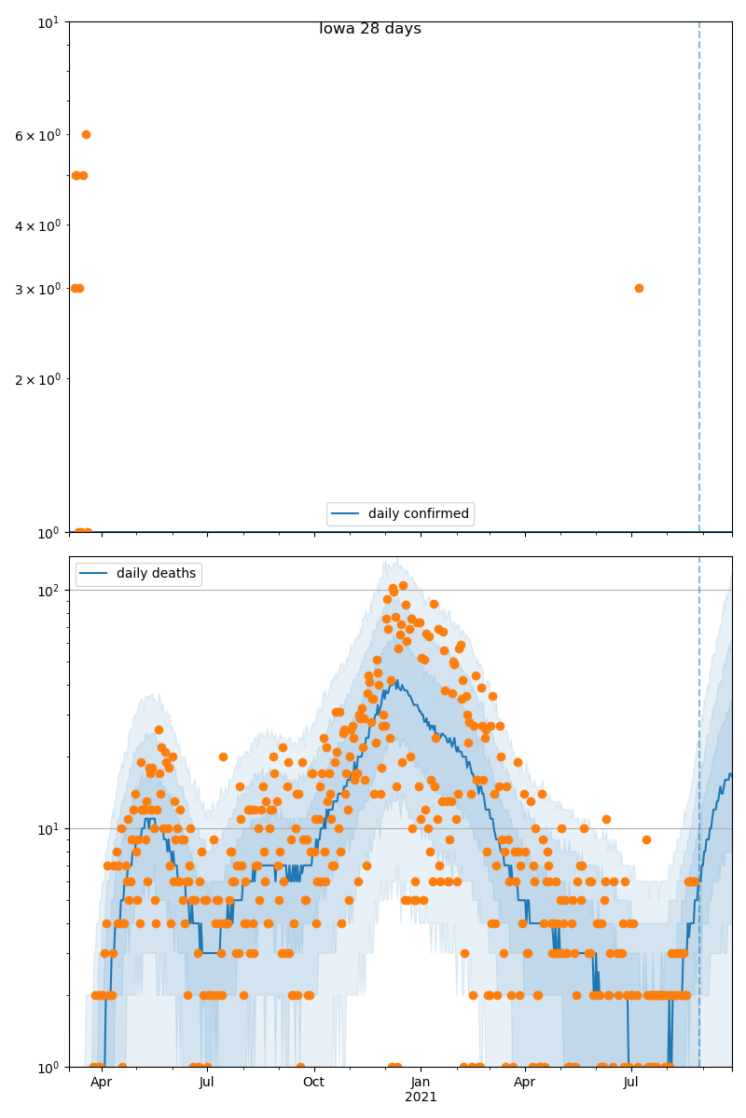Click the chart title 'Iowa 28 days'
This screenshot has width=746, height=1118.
(370, 29)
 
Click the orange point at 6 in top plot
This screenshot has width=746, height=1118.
(86, 134)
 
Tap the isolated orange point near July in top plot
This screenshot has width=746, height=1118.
(639, 288)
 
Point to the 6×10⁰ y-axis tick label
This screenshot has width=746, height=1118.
(37, 136)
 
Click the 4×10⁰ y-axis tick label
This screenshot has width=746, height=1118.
(37, 226)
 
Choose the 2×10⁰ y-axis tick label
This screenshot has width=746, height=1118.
(37, 380)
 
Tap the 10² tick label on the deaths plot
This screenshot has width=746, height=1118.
(49, 591)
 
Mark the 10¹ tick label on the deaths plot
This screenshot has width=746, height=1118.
(49, 829)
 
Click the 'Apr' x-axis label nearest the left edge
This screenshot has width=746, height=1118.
(101, 1083)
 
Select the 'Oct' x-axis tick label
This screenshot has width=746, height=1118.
(314, 1083)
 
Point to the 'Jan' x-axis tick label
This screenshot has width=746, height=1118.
(421, 1083)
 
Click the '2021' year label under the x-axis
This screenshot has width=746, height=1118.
(421, 1098)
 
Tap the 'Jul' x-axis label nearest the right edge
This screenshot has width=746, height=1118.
(631, 1083)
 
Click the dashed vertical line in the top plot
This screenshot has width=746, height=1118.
(699, 279)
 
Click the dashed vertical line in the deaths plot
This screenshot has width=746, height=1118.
(699, 745)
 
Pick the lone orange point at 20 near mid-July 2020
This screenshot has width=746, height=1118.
(223, 757)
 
